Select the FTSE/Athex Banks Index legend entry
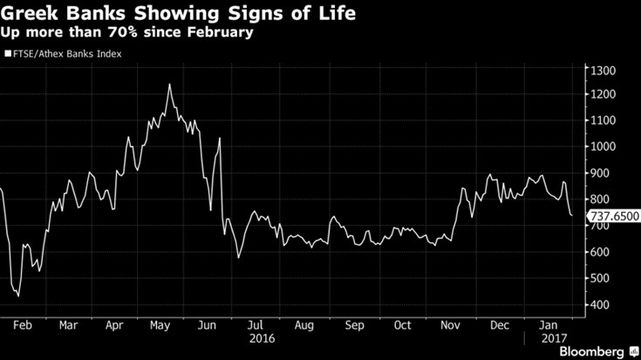(x=64, y=54)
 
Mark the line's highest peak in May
(x=168, y=85)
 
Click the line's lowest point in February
(x=18, y=295)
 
